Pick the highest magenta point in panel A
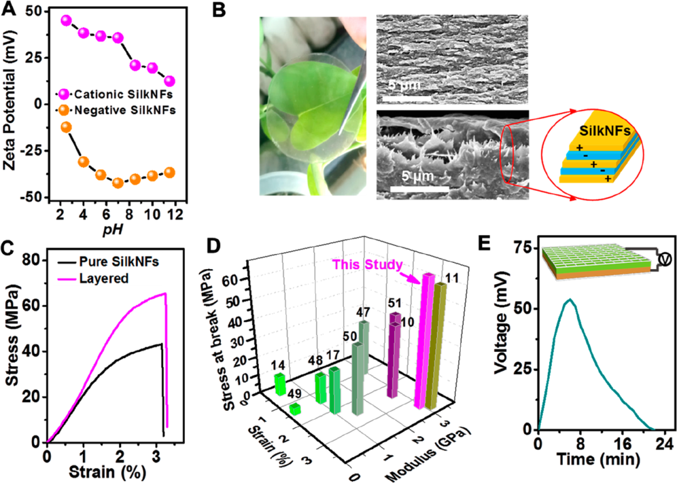[x=66, y=21]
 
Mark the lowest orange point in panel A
[x=117, y=183]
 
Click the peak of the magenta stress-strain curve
[x=165, y=294]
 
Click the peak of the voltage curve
[x=569, y=300]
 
